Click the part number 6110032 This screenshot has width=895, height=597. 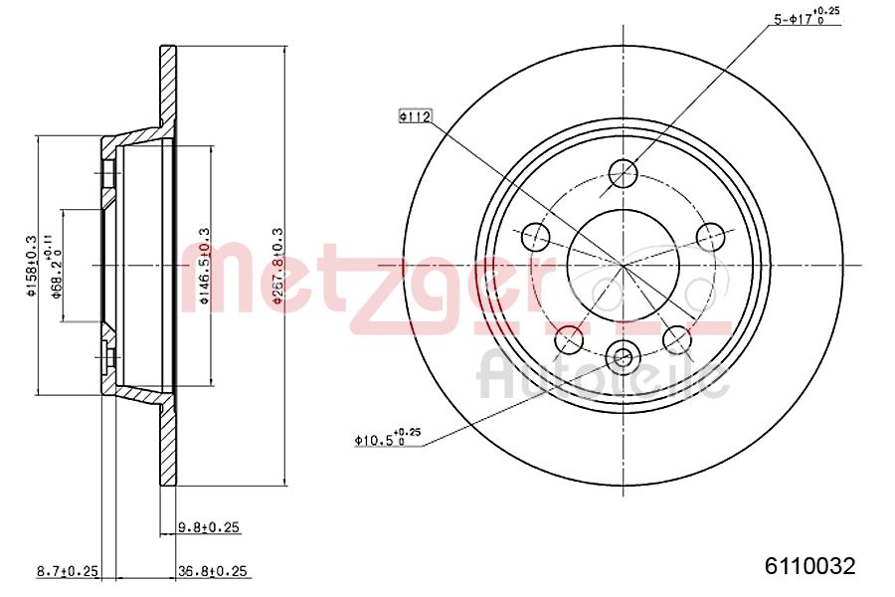[808, 566]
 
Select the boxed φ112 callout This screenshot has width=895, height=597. [414, 117]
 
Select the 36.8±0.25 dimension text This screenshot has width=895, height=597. [211, 571]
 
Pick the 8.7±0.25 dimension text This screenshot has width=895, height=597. [67, 571]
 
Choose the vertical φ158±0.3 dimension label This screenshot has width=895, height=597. [32, 266]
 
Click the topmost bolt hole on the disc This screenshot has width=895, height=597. [623, 173]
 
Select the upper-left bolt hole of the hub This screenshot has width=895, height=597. [536, 236]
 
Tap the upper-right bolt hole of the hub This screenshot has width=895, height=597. [710, 236]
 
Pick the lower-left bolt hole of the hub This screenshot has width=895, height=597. [569, 338]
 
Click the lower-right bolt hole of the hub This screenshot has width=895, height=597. [677, 338]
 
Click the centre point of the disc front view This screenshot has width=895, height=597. [624, 265]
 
